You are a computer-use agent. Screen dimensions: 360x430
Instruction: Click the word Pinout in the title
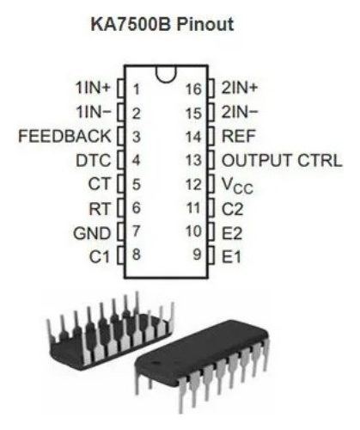[x=205, y=24]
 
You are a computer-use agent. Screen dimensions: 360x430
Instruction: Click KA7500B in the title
[x=131, y=24]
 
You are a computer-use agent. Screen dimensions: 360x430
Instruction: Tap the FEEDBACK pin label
[x=64, y=136]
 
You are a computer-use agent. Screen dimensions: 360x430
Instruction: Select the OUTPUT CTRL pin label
[x=282, y=161]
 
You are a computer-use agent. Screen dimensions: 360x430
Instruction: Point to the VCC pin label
[x=238, y=186]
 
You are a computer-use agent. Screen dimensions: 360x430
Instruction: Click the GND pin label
[x=92, y=233]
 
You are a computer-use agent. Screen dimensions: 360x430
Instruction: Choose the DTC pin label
[x=94, y=161]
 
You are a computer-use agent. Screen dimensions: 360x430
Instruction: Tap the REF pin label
[x=239, y=136]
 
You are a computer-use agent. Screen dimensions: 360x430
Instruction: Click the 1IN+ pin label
[x=93, y=88]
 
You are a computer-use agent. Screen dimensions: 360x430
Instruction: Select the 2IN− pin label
[x=240, y=112]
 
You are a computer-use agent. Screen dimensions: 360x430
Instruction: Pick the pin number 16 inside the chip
[x=193, y=89]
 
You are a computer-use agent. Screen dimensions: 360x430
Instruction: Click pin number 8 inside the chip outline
[x=137, y=255]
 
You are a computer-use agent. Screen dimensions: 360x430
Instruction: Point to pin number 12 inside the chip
[x=193, y=185]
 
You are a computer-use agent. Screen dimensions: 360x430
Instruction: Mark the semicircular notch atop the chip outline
[x=166, y=78]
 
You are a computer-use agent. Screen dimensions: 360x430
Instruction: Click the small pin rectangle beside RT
[x=121, y=208]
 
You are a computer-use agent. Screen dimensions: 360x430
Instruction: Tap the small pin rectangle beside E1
[x=211, y=255]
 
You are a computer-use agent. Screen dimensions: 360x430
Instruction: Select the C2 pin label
[x=232, y=209]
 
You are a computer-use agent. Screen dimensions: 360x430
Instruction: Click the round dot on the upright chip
[x=156, y=363]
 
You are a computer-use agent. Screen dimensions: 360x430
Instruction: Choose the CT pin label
[x=100, y=184]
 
